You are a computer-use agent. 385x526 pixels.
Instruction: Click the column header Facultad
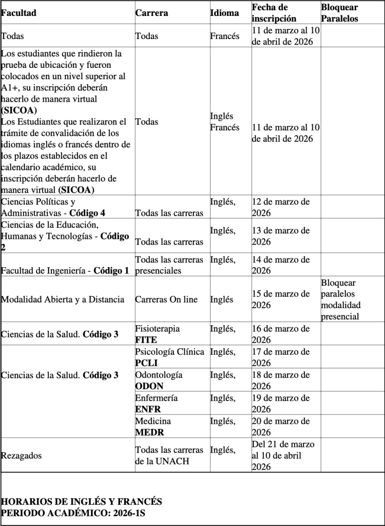click(x=18, y=13)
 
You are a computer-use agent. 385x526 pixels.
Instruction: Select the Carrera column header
click(x=151, y=13)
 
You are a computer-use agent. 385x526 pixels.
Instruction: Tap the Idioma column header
click(x=224, y=13)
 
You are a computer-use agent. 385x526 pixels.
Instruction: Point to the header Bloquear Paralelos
click(x=339, y=13)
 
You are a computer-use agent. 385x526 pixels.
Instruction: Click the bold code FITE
click(x=146, y=340)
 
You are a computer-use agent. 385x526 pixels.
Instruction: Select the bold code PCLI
click(x=146, y=363)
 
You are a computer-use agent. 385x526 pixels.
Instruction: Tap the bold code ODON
click(x=149, y=386)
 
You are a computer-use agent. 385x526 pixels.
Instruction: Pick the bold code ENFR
click(x=148, y=409)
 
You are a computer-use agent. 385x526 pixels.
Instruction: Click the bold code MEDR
click(x=149, y=433)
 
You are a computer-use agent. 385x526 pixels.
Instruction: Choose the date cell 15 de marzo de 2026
click(x=281, y=299)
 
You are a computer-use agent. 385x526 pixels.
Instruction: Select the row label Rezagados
click(x=22, y=456)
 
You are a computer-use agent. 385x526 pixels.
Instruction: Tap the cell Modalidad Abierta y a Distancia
click(x=63, y=299)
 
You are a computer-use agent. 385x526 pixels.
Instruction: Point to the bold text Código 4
click(x=88, y=213)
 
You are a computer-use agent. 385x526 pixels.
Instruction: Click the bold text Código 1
click(x=111, y=271)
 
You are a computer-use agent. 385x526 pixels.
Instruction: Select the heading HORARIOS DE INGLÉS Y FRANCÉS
click(x=82, y=501)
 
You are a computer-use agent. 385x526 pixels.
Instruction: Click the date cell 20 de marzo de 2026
click(x=281, y=427)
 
